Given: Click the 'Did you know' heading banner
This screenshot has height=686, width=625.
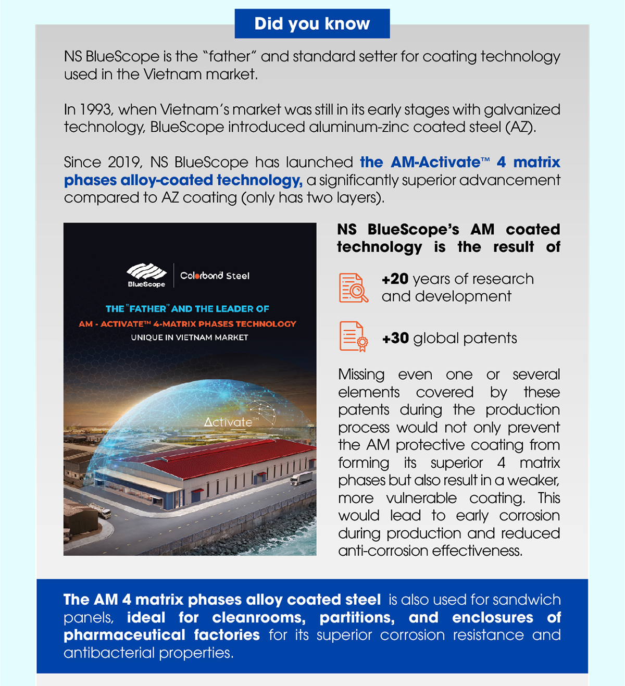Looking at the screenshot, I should click(x=312, y=23).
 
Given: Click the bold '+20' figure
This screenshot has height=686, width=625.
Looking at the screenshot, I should click(x=395, y=279).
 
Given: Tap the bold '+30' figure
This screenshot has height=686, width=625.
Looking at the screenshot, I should click(x=395, y=339).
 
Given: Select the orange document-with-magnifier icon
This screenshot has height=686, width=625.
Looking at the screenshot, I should click(x=353, y=288).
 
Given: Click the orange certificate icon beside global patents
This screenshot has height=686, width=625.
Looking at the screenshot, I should click(x=353, y=336).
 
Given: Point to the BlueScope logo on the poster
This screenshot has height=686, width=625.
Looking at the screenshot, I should click(x=146, y=275).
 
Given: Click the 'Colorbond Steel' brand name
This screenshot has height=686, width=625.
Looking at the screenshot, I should click(x=215, y=276).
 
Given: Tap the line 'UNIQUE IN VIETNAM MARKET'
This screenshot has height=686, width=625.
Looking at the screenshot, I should click(x=190, y=338).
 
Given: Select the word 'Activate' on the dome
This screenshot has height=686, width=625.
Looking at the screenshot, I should click(x=228, y=422).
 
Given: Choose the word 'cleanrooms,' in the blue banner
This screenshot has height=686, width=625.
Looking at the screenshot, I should click(x=258, y=618).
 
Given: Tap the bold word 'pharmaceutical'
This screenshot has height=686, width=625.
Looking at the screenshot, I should click(x=124, y=635).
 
